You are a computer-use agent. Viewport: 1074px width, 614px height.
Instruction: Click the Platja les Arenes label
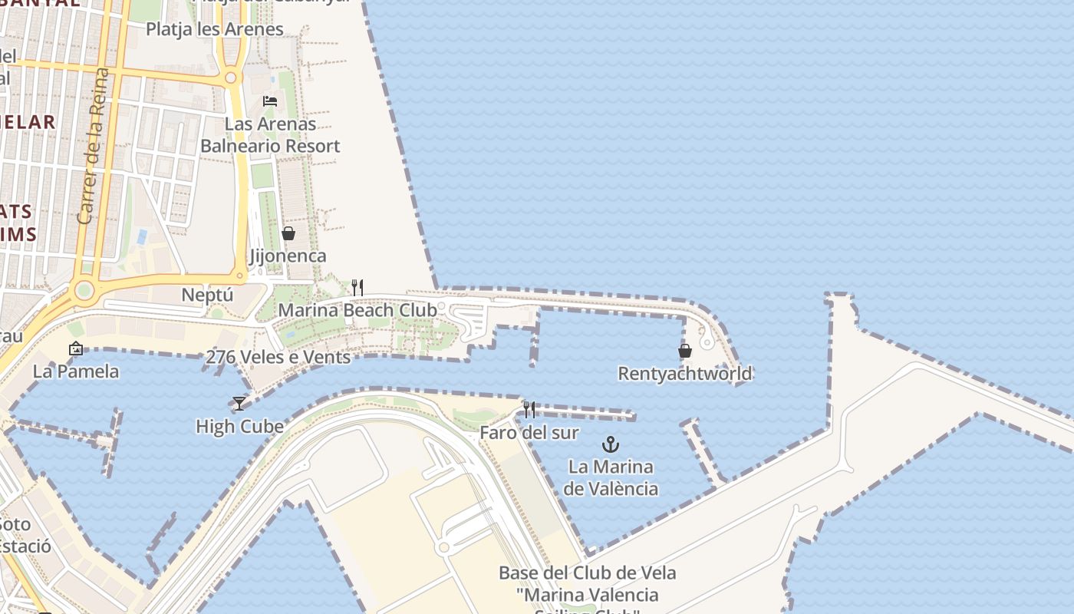point(215,30)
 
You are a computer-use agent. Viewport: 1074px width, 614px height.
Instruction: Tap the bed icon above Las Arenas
point(270,101)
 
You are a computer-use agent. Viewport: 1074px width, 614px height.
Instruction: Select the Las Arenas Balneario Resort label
point(270,134)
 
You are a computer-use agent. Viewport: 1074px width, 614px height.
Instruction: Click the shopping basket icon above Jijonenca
point(288,233)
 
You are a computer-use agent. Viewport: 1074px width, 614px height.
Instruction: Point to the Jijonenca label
point(288,256)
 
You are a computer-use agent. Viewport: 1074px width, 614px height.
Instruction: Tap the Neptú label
point(207,295)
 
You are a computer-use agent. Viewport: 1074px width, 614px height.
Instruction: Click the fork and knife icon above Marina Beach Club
point(357,288)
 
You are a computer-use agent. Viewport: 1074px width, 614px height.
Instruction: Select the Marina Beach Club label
point(357,310)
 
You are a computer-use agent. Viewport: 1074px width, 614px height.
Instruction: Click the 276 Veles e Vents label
point(278,357)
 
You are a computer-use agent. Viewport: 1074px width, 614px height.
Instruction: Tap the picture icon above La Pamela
point(76,349)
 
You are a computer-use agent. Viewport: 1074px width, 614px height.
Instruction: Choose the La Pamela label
point(76,372)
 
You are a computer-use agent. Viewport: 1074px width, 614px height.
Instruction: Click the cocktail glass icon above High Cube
point(239,404)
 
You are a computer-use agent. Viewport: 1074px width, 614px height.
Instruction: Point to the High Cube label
point(239,427)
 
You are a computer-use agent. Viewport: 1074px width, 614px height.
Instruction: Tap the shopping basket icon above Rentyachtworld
point(685,351)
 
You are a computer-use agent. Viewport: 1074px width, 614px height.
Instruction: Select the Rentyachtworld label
point(685,374)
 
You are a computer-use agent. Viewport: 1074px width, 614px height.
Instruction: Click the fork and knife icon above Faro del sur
point(529,409)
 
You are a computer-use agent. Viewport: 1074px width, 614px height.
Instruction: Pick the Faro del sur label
point(529,433)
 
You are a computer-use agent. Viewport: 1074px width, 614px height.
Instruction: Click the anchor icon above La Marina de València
point(611,444)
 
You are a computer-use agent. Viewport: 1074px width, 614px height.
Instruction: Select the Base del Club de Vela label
point(588,573)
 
